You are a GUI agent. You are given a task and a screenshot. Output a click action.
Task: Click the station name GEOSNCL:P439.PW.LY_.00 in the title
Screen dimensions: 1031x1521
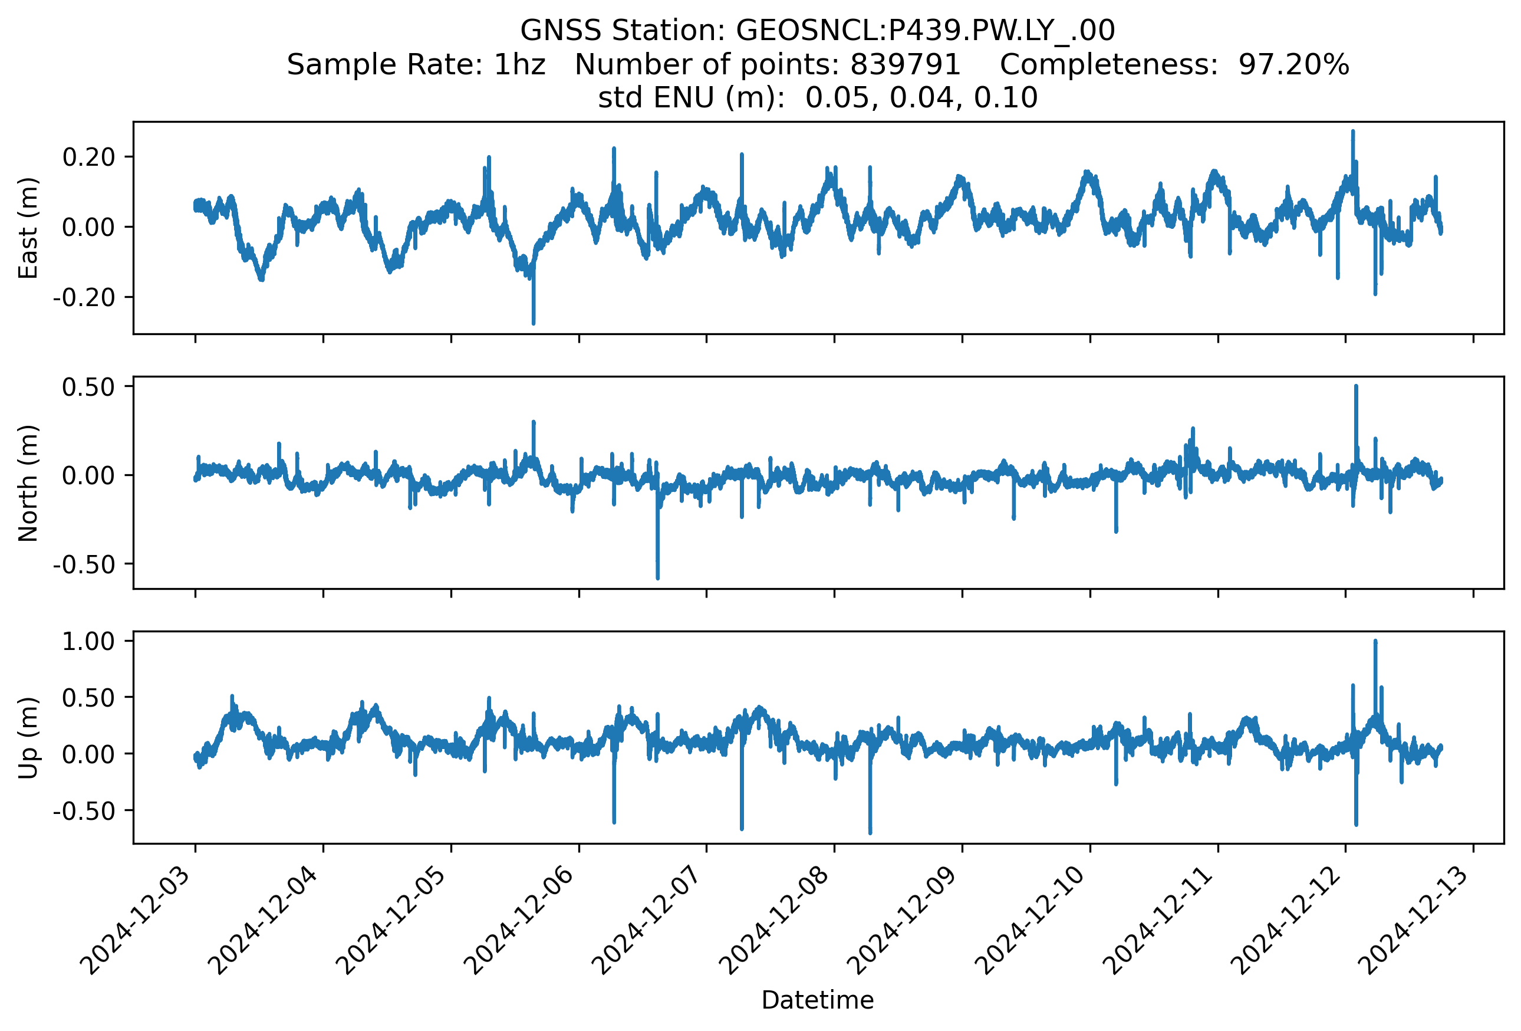pyautogui.click(x=926, y=31)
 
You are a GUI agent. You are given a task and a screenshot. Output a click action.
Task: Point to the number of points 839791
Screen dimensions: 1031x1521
pyautogui.click(x=904, y=65)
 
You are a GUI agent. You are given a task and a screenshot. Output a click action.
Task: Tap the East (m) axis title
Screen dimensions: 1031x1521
pyautogui.click(x=28, y=228)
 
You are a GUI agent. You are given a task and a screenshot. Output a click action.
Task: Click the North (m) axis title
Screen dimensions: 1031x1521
pyautogui.click(x=28, y=483)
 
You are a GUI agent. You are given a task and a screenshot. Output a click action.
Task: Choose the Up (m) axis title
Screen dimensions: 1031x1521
pyautogui.click(x=28, y=738)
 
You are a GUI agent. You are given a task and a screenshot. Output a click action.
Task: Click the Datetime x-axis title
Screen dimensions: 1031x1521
pyautogui.click(x=818, y=1000)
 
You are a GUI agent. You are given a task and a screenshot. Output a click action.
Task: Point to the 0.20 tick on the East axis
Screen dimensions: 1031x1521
pyautogui.click(x=88, y=157)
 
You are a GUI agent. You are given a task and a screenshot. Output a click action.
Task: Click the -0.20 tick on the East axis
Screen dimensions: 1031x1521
pyautogui.click(x=84, y=298)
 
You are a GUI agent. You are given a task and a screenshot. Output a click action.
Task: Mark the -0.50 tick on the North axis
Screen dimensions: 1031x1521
pyautogui.click(x=84, y=564)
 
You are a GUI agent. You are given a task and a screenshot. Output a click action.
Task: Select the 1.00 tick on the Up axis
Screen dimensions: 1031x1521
pyautogui.click(x=88, y=642)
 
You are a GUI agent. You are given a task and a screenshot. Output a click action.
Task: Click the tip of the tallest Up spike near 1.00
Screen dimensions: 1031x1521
pyautogui.click(x=1375, y=642)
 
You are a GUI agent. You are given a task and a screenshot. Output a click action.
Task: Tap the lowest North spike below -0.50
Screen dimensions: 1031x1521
pyautogui.click(x=658, y=578)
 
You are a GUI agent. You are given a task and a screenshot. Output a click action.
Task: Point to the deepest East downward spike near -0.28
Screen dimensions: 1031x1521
pyautogui.click(x=534, y=323)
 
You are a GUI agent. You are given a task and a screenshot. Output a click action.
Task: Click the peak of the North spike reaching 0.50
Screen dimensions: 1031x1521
pyautogui.click(x=1356, y=386)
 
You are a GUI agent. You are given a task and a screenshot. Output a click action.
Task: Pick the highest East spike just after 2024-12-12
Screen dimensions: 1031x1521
pyautogui.click(x=1353, y=132)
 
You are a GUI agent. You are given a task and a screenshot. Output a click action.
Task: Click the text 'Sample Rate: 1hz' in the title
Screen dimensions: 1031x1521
pyautogui.click(x=416, y=65)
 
